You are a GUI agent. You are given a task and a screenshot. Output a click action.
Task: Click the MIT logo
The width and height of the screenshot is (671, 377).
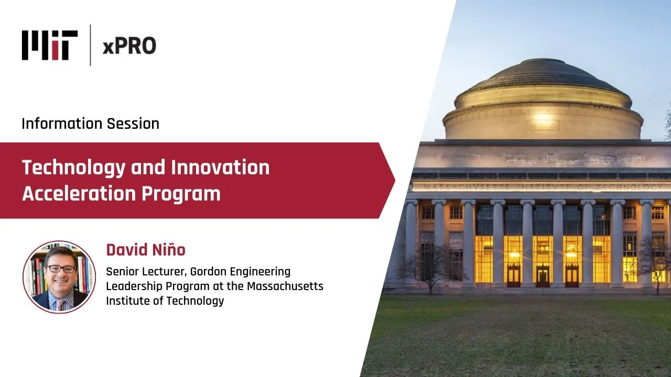[50, 45]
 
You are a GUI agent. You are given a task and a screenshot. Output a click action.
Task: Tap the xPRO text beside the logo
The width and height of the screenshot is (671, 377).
[129, 46]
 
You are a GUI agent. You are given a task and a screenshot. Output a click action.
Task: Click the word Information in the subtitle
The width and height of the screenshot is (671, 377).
[62, 124]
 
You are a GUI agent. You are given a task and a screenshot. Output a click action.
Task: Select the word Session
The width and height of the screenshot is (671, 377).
[133, 124]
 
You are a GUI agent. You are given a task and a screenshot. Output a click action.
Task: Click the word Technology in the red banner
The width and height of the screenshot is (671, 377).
[74, 168]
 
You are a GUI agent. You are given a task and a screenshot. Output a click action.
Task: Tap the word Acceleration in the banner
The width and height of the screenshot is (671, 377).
[79, 193]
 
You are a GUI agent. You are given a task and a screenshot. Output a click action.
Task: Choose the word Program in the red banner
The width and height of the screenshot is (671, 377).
[181, 194]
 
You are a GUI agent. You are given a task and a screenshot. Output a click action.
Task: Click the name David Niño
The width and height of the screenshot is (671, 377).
[146, 250]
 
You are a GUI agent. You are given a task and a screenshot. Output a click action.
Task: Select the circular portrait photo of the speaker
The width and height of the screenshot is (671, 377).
[59, 277]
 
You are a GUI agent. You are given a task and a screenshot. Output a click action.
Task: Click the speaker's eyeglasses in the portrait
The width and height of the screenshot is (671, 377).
[62, 269]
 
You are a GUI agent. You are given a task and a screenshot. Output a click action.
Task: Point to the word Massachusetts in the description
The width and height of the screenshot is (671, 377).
[285, 286]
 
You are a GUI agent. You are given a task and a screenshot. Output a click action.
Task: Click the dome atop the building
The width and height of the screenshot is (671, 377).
[543, 99]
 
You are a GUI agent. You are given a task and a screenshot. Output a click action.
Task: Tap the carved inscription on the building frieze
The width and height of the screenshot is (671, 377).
[542, 187]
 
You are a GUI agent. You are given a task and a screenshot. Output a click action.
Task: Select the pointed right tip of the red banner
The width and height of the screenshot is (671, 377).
[395, 181]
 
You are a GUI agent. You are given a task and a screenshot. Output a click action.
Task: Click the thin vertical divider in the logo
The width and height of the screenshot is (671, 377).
[91, 45]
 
